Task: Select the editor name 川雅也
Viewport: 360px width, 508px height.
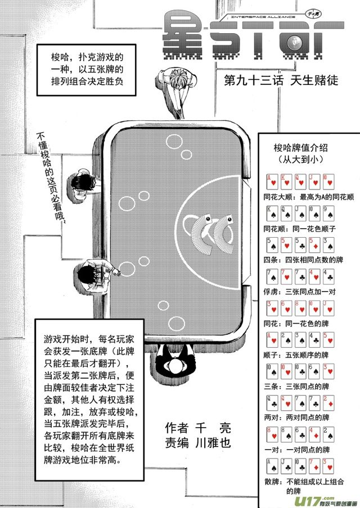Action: (216, 442)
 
